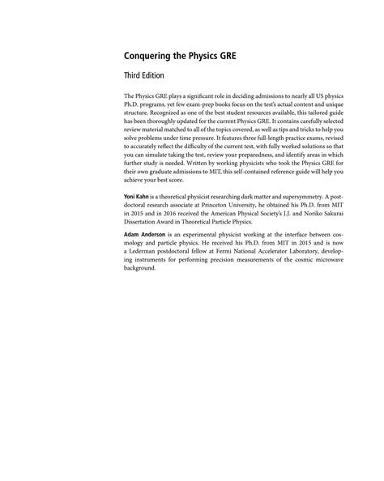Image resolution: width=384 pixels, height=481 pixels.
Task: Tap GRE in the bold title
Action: click(x=217, y=58)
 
